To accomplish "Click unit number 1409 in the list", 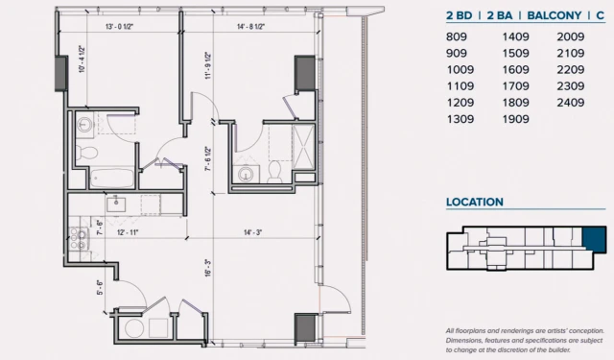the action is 516,36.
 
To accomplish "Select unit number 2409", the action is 571,103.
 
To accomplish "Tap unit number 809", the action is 457,36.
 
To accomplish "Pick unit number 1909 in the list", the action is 516,119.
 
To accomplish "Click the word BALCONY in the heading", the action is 555,15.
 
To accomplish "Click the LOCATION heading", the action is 475,203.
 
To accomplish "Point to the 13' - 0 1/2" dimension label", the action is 119,27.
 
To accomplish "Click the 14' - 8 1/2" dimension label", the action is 251,27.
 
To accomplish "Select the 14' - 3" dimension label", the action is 253,232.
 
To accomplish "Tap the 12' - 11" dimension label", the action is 128,232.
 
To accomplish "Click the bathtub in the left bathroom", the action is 112,179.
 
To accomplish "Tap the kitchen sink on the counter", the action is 116,204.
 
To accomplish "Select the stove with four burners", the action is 78,239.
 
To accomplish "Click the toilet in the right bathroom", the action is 274,171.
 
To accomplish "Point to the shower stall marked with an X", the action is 303,147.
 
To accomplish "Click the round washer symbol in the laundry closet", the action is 134,328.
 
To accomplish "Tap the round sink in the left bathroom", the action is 84,125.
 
